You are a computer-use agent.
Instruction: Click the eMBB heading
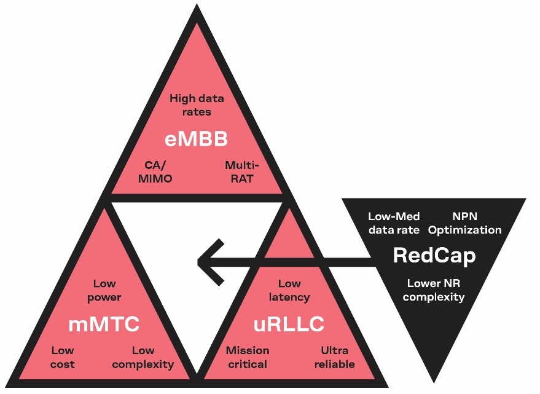tap(196, 140)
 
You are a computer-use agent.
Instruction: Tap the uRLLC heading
tap(288, 324)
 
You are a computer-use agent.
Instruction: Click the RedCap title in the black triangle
tap(434, 255)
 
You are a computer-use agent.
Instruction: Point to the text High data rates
tap(197, 105)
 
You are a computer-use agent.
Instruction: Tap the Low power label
tap(108, 290)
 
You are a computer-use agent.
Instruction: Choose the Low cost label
tap(63, 357)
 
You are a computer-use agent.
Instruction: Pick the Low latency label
tap(289, 290)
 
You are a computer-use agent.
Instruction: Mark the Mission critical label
tap(247, 357)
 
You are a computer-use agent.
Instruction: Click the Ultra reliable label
tap(334, 357)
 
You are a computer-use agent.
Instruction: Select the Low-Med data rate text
tap(394, 223)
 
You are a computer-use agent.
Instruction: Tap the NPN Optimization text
tap(465, 223)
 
